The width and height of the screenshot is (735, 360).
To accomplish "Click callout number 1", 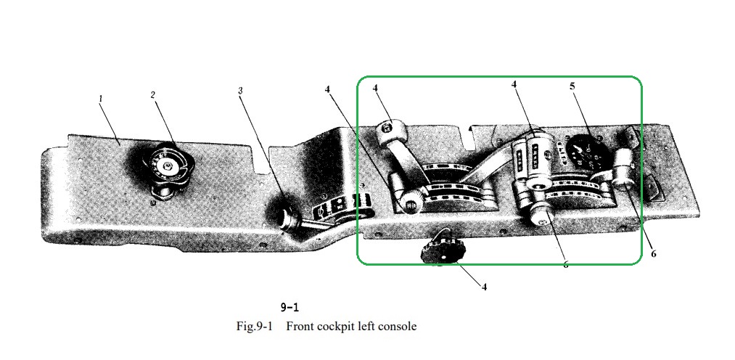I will pos(101,98).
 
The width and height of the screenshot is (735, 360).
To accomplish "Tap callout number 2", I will pos(153,95).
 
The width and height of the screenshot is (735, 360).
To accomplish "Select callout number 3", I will pos(241,91).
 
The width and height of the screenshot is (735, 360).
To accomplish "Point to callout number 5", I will pos(572,86).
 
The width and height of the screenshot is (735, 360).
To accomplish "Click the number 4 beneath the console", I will pos(484,286).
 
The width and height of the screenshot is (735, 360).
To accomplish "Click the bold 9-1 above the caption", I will pos(289,307).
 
